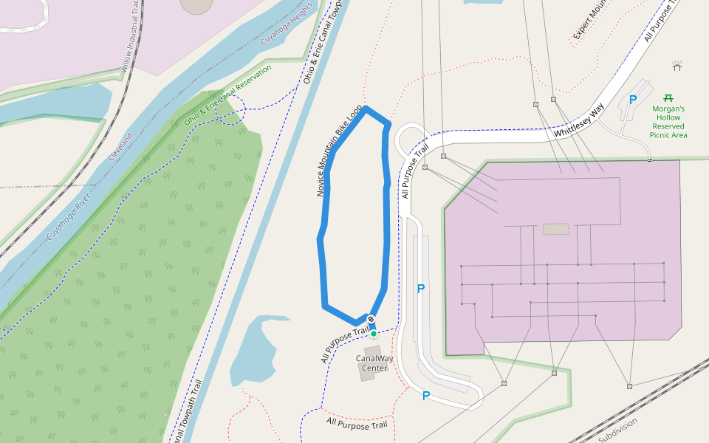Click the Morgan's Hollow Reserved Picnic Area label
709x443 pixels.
coord(668,122)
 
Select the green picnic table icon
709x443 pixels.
coord(668,97)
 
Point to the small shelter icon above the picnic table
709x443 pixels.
coord(677,66)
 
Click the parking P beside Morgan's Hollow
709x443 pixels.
coord(632,100)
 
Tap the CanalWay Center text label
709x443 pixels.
coord(374,363)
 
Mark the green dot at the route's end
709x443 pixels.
coord(374,334)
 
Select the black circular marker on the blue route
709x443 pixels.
coord(371,320)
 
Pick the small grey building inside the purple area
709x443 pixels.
coord(556,229)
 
